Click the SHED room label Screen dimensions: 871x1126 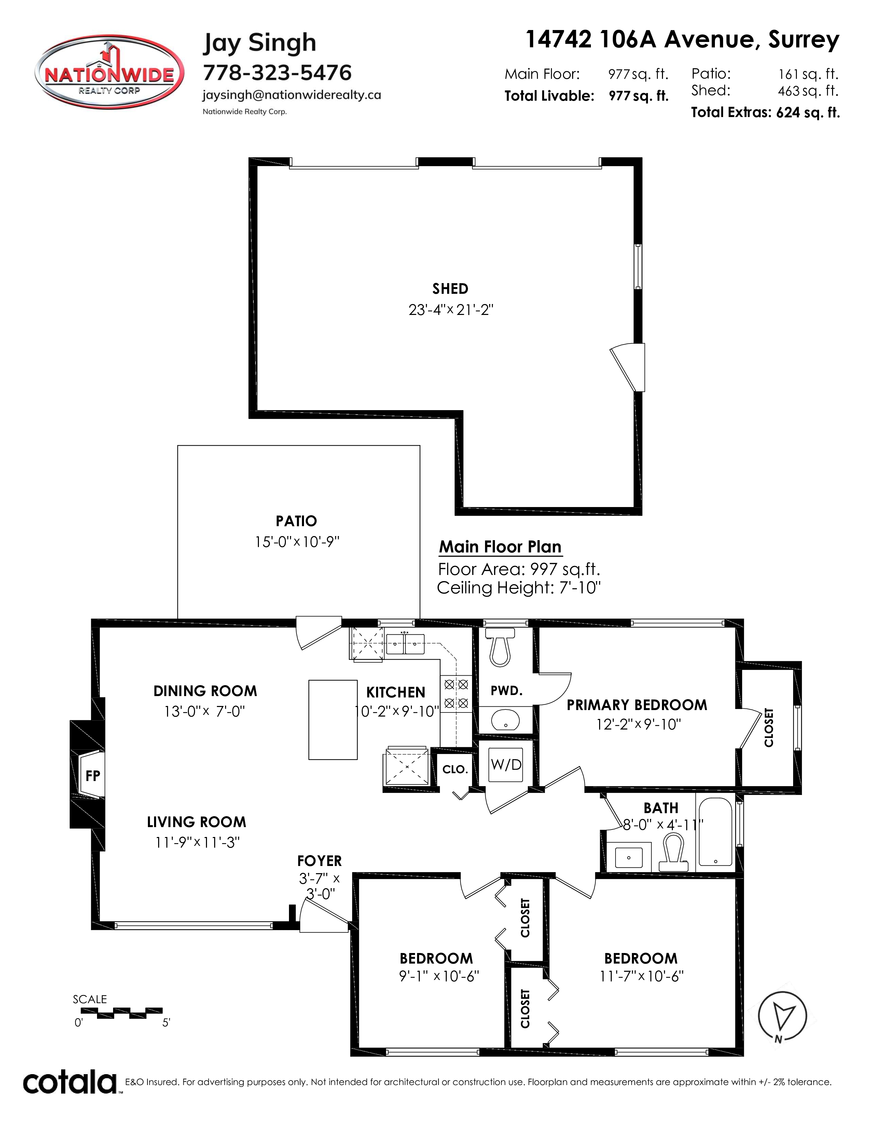450,289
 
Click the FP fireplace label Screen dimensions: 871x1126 93,776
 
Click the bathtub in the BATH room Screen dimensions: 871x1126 715,831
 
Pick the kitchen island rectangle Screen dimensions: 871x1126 333,720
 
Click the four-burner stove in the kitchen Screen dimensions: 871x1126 456,693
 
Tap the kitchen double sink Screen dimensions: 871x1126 405,644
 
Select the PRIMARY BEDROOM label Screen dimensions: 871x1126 637,705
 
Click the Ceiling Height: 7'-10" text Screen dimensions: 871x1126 519,588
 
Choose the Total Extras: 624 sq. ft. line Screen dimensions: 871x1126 765,112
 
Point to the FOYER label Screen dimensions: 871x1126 319,861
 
